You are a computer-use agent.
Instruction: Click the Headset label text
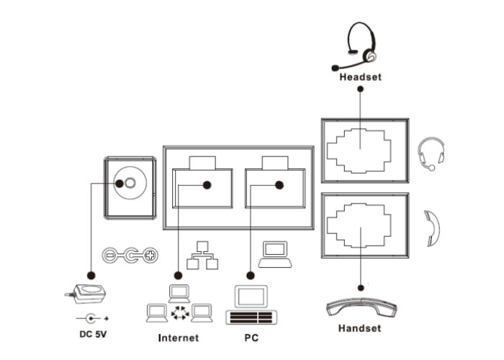(x=361, y=76)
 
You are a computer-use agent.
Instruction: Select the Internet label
(x=178, y=337)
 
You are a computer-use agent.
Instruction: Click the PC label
(x=251, y=337)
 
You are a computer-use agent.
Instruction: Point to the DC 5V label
(x=92, y=334)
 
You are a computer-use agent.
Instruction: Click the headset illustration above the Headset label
(x=361, y=43)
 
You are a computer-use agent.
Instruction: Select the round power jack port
(x=130, y=184)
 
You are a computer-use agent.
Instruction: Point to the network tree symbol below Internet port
(x=202, y=256)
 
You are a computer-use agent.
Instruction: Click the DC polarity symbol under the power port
(x=130, y=255)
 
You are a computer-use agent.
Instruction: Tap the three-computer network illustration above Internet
(x=178, y=306)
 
